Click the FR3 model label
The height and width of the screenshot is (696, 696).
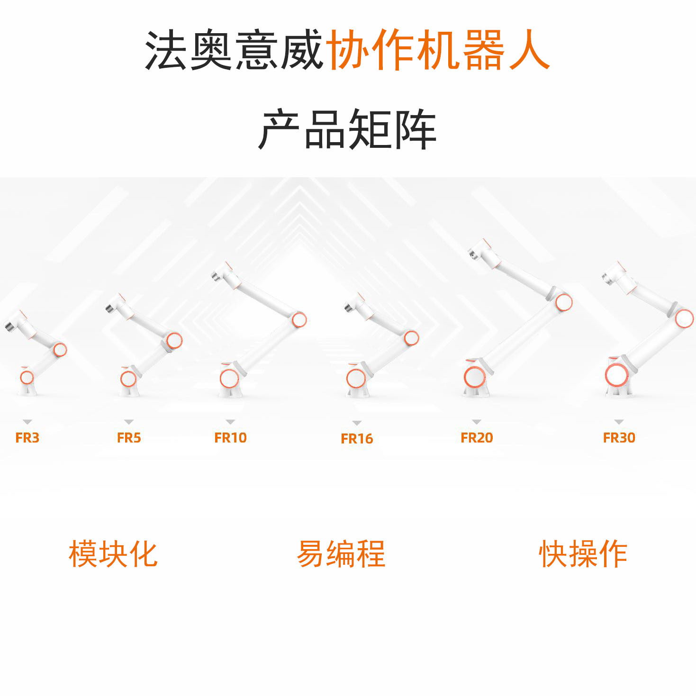point(27,437)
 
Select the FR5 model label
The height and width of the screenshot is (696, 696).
point(129,437)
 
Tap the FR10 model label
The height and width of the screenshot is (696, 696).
point(231,437)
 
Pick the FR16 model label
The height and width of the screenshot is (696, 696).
point(357,439)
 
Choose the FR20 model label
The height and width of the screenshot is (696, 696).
point(477,437)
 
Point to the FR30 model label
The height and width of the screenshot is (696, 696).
point(619,437)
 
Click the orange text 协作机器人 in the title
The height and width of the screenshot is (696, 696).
point(438,50)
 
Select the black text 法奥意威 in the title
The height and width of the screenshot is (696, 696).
point(234,50)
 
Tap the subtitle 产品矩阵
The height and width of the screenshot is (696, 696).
point(347,129)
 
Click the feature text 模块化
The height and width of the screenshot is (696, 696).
point(113,553)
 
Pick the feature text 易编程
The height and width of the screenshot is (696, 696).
point(341,553)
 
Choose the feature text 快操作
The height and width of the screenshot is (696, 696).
point(583,553)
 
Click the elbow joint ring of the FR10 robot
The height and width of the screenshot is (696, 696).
point(299,320)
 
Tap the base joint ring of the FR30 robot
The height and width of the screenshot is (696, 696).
point(616,376)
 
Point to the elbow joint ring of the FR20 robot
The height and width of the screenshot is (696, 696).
point(563,302)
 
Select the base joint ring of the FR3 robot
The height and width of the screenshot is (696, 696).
point(27,378)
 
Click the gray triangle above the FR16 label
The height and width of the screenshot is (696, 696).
point(357,423)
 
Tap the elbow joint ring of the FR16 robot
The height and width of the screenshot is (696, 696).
point(411,338)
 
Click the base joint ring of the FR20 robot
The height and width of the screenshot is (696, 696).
point(474,378)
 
